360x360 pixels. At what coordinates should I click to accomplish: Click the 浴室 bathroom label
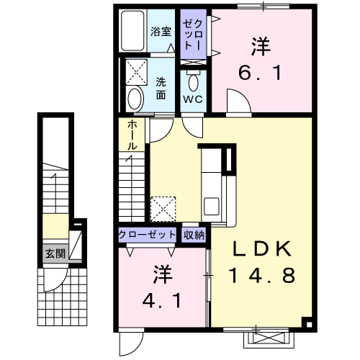161,32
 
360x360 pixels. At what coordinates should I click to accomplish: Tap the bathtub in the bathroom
133,32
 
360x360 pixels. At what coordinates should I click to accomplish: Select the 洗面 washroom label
161,88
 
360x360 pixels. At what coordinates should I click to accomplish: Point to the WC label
192,99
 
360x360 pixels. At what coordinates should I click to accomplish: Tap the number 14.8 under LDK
261,276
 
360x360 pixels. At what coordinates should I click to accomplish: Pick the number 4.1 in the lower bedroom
161,296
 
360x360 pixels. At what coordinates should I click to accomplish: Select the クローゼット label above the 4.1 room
148,235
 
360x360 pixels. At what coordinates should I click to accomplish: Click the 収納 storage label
193,235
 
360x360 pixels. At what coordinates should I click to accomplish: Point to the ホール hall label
133,135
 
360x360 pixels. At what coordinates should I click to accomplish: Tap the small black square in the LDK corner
306,323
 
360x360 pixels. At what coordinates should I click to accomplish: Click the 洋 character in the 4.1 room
161,274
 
